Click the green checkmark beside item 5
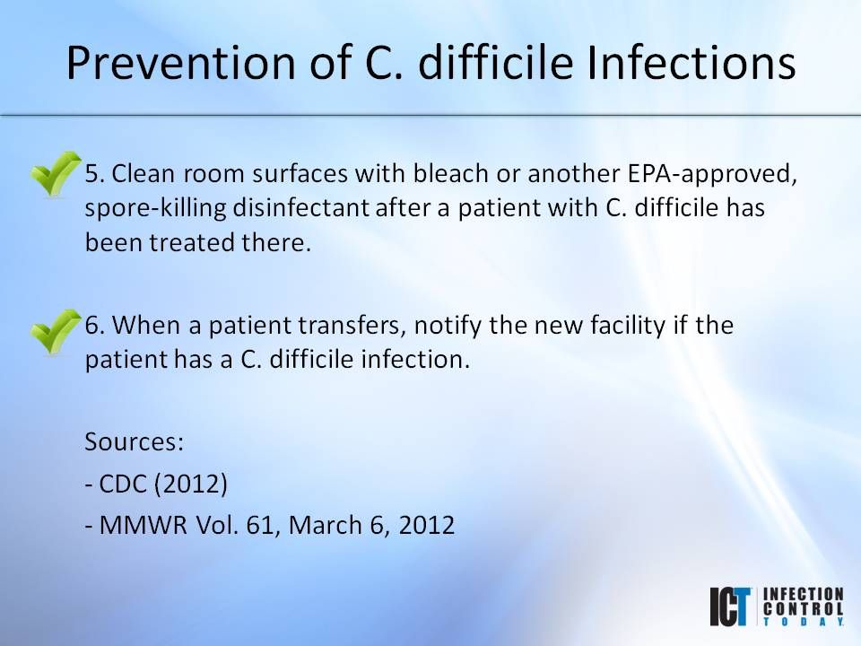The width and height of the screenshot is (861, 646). coord(55,175)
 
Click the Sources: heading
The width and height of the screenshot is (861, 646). coord(134,441)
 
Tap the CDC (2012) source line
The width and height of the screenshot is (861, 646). coord(157,484)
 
